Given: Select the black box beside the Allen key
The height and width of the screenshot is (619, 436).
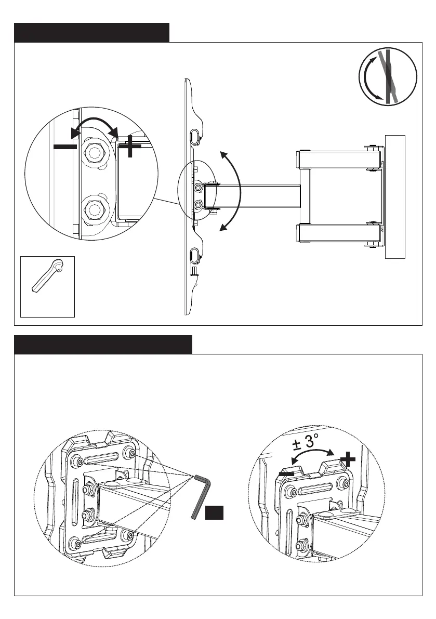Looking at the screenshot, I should (x=214, y=512).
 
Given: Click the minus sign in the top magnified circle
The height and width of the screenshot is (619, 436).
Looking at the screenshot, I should (x=65, y=147).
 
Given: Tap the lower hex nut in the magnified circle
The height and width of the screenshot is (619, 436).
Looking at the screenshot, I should (x=94, y=209).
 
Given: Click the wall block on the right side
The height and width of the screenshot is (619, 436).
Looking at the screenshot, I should (x=394, y=196).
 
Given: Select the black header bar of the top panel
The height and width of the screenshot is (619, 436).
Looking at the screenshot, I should (x=91, y=32).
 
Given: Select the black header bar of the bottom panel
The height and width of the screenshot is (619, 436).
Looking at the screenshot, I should (x=103, y=345).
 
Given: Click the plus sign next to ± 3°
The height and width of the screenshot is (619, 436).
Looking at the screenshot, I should (x=348, y=459).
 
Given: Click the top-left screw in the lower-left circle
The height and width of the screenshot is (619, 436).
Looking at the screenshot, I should (x=78, y=460).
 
